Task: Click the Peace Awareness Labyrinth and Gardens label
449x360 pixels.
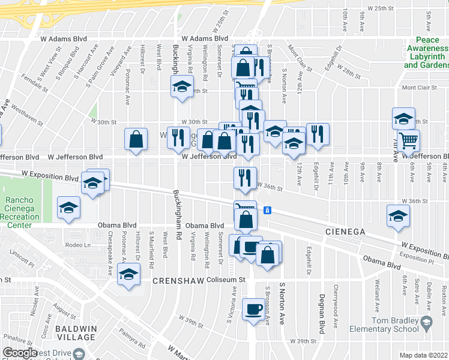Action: (x=426, y=52)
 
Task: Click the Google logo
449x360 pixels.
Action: (x=20, y=353)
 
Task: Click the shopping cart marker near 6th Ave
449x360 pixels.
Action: (x=408, y=140)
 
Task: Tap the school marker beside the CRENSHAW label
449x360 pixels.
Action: (x=127, y=275)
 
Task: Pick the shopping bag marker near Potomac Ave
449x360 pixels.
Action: (x=136, y=139)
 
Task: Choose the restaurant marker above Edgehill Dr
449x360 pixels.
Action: (x=317, y=134)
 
